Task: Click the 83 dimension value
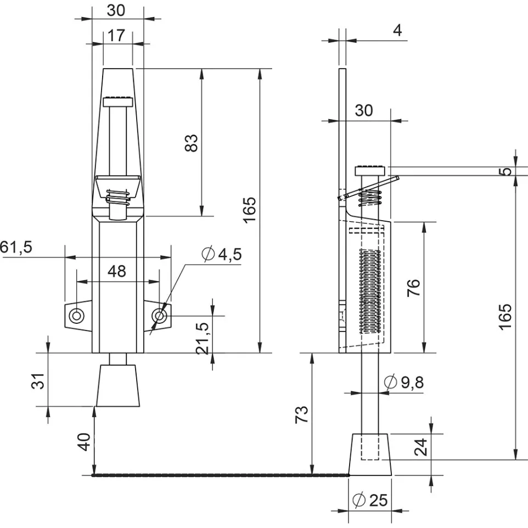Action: coord(191,143)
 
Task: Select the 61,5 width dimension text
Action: coord(16,247)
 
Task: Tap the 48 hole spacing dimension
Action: coord(116,271)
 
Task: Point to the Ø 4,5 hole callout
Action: coord(222,254)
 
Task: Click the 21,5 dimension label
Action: coord(203,338)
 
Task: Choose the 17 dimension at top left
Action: coord(116,35)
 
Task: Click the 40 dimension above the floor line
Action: coord(84,442)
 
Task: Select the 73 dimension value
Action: coord(301,414)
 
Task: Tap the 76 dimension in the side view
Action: coord(413,287)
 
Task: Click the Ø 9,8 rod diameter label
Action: coord(404,382)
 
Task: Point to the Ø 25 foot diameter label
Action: coord(370,499)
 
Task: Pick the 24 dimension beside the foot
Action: coord(420,447)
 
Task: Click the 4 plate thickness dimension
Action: coord(397,30)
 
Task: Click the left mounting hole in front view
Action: coord(76,316)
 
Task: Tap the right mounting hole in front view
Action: coord(159,316)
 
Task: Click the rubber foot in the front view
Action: coord(118,385)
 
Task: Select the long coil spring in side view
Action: coord(370,291)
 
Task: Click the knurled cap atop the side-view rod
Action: coord(370,171)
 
